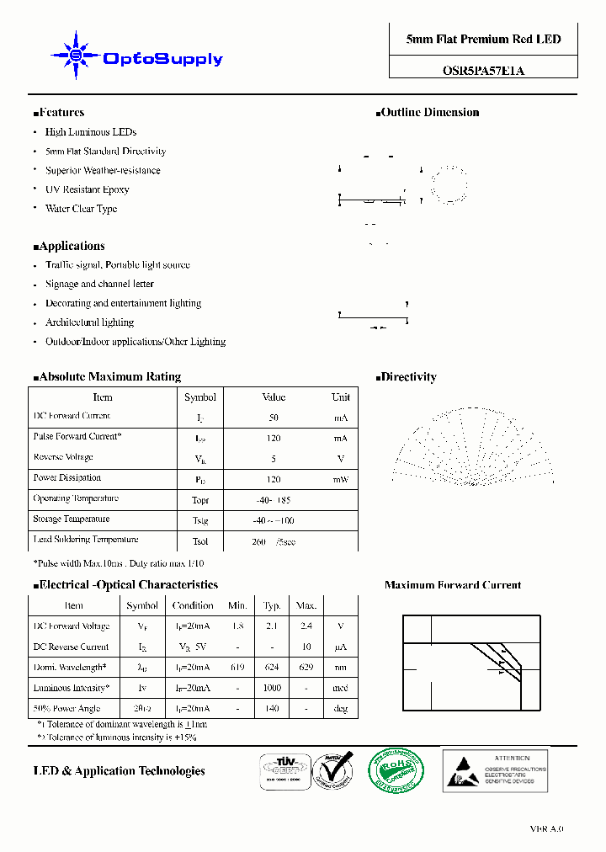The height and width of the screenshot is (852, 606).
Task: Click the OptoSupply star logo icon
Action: pyautogui.click(x=76, y=56)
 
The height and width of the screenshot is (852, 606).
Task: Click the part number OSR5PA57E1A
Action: pyautogui.click(x=483, y=71)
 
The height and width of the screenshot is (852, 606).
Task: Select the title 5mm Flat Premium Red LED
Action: pyautogui.click(x=483, y=40)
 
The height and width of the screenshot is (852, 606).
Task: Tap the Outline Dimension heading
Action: pyautogui.click(x=429, y=113)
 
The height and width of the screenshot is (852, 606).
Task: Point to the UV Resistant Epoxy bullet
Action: pyautogui.click(x=87, y=189)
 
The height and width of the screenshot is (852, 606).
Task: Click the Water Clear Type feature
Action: pyautogui.click(x=81, y=209)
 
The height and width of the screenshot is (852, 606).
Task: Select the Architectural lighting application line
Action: pyautogui.click(x=89, y=322)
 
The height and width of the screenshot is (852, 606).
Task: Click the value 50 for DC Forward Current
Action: pyautogui.click(x=274, y=418)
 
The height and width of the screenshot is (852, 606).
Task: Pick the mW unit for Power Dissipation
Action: pyautogui.click(x=340, y=479)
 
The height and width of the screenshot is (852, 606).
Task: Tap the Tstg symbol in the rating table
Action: pyautogui.click(x=199, y=520)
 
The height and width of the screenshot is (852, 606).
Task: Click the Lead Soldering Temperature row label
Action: pyautogui.click(x=86, y=540)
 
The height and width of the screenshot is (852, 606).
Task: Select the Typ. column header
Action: pyautogui.click(x=272, y=605)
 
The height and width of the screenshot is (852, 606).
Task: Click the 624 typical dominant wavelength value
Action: pyautogui.click(x=272, y=667)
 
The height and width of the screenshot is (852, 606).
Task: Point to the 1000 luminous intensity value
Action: pyautogui.click(x=272, y=688)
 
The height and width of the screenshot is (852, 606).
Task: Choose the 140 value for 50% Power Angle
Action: pyautogui.click(x=272, y=709)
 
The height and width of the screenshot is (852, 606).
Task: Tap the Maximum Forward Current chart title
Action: pyautogui.click(x=453, y=585)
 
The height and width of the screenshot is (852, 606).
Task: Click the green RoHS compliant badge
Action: pyautogui.click(x=396, y=769)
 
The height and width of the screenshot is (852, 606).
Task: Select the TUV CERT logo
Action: pyautogui.click(x=284, y=770)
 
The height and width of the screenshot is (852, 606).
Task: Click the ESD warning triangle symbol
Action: pyautogui.click(x=463, y=770)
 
